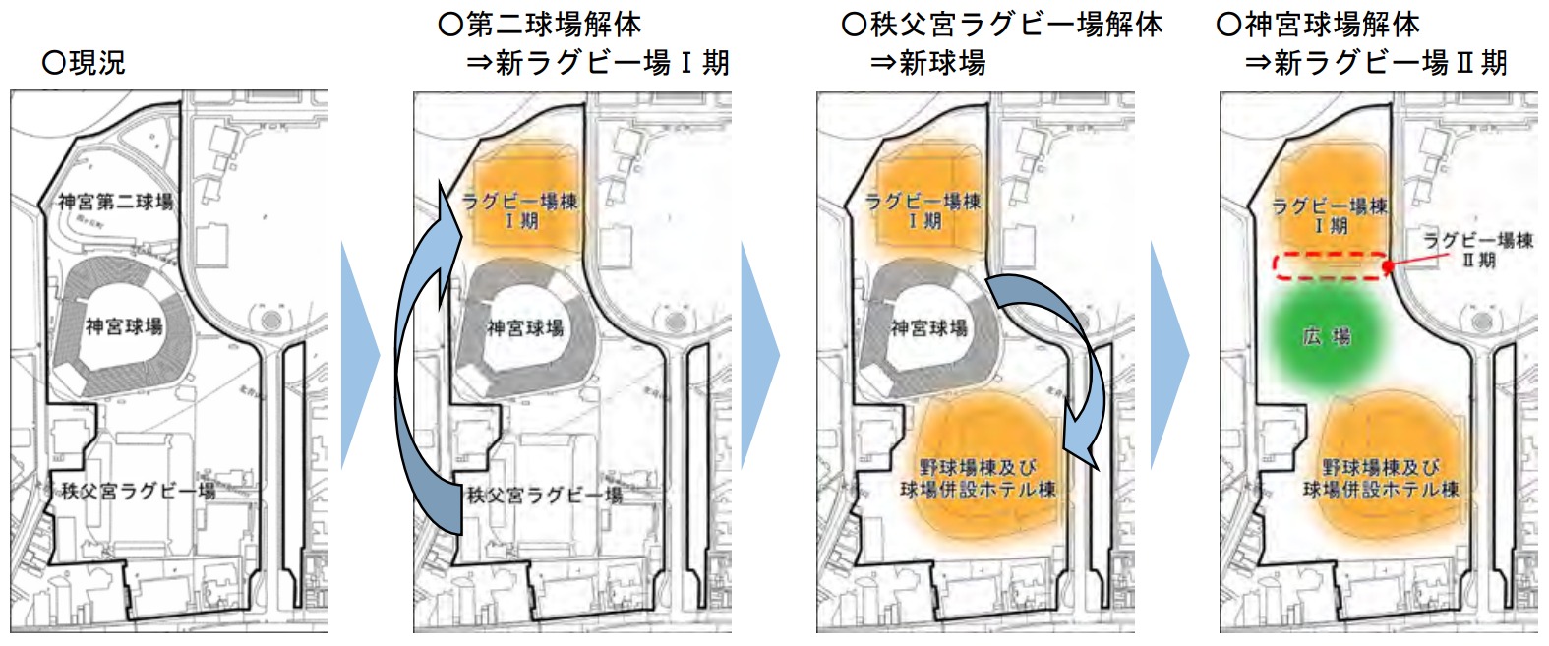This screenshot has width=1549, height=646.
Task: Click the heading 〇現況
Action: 85,63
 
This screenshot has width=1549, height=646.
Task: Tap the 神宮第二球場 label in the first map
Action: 115,202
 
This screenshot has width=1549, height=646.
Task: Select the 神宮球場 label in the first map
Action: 124,326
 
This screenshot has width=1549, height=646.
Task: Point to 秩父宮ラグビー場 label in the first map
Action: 139,491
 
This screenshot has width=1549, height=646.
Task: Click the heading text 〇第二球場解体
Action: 540,24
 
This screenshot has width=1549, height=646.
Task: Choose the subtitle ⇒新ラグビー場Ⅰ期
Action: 598,63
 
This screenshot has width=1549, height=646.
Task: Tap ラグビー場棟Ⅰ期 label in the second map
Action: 520,210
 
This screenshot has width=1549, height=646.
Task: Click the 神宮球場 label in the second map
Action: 525,327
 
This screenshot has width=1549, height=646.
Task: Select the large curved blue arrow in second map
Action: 418,374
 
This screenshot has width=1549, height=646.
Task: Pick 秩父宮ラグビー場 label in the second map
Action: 544,495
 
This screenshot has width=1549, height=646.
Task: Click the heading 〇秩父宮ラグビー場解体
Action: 1002,24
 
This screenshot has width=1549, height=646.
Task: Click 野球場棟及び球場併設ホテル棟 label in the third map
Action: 979,478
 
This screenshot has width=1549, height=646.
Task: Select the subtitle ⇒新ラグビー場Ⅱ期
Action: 1376,63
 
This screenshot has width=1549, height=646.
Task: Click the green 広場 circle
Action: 1327,337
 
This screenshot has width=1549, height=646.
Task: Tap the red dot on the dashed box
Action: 1387,266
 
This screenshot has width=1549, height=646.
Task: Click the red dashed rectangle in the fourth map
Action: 1328,265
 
